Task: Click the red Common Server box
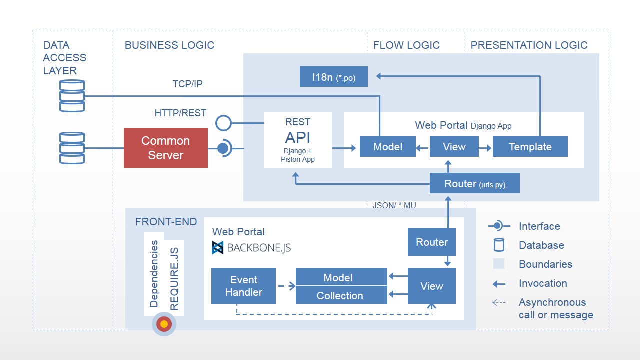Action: [x=166, y=148]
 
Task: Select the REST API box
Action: [x=298, y=140]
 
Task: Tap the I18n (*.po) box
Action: [x=334, y=77]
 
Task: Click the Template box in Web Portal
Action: [x=530, y=147]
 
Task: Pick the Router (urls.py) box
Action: [x=475, y=184]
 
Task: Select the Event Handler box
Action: [x=243, y=286]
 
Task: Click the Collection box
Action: [x=341, y=295]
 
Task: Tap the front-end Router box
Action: [x=432, y=242]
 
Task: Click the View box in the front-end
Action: [x=432, y=286]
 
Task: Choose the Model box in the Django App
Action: [x=388, y=147]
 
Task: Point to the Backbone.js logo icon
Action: [x=218, y=248]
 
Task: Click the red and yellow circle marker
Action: [x=164, y=324]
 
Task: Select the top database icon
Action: [x=72, y=96]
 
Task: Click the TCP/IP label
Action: [x=187, y=84]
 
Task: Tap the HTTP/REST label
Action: [x=180, y=113]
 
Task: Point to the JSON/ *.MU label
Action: [x=394, y=205]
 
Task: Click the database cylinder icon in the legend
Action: [x=499, y=245]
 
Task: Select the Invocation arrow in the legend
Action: [x=499, y=284]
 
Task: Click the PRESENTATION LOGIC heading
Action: [x=529, y=45]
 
